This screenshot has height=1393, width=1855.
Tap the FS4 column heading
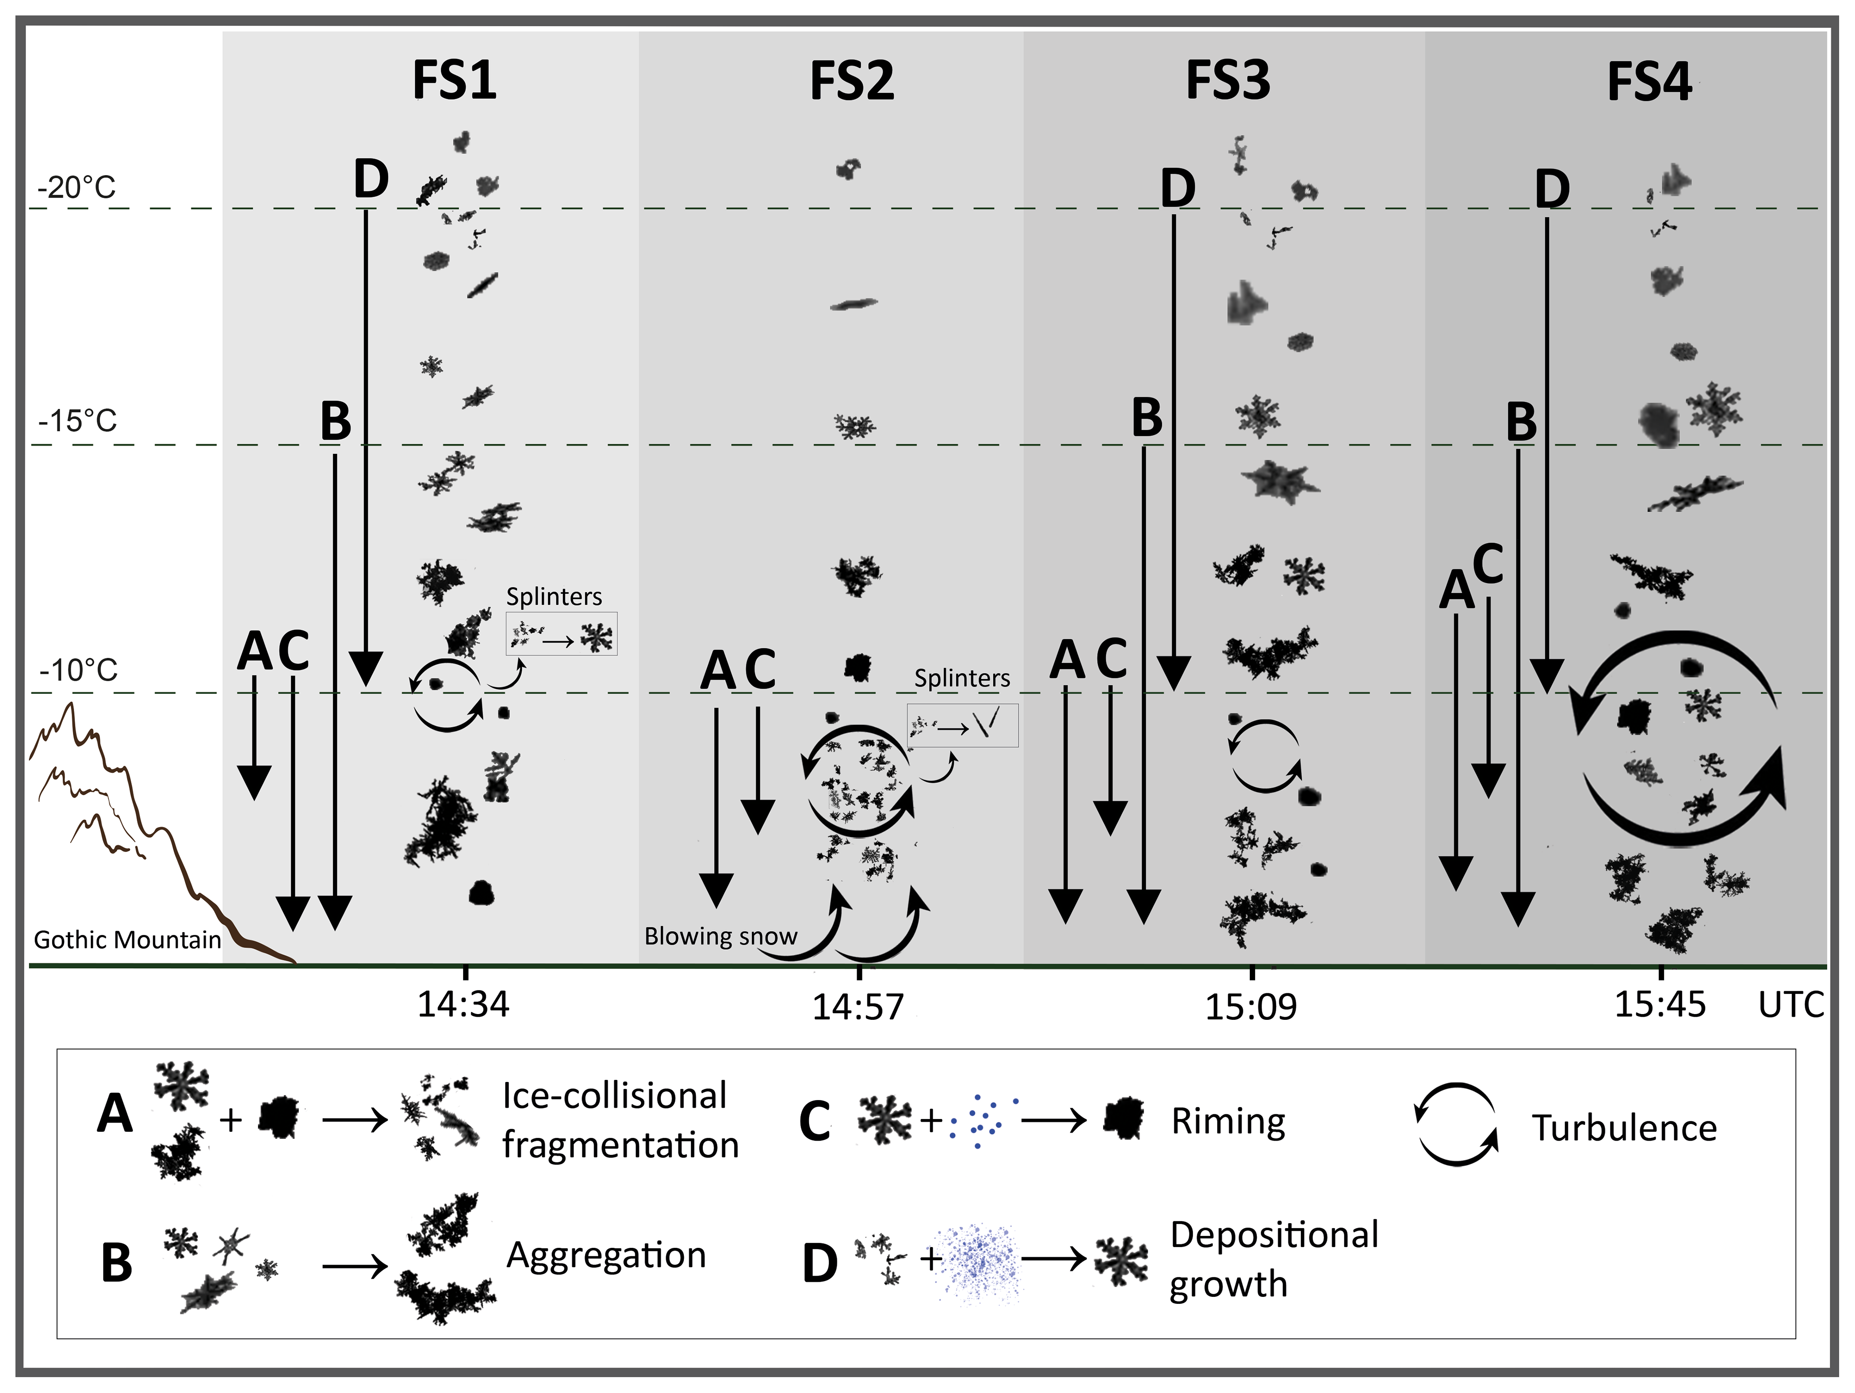(x=1649, y=83)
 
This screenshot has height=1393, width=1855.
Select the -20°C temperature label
(x=76, y=187)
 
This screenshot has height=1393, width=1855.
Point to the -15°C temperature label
(x=77, y=420)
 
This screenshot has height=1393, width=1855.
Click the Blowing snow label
(x=720, y=936)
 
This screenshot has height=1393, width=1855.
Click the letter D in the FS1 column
(x=371, y=180)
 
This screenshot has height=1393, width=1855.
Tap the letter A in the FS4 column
(x=1457, y=590)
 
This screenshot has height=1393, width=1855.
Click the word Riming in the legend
(x=1228, y=1121)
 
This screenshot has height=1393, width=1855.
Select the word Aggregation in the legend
(x=606, y=1255)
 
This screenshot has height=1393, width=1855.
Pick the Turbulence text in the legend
(x=1624, y=1128)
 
